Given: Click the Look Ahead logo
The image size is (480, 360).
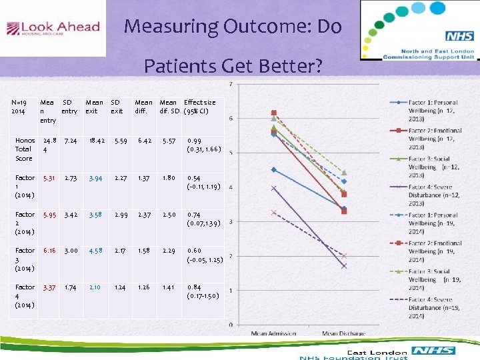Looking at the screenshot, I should [53, 29].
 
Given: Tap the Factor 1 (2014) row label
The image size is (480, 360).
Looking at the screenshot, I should [25, 186].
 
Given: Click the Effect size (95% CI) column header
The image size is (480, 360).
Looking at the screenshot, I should [199, 107].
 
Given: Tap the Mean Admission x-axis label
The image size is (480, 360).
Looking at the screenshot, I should [273, 333].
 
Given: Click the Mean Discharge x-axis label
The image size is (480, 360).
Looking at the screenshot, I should [344, 333].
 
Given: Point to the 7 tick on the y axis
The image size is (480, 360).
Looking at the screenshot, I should [231, 84].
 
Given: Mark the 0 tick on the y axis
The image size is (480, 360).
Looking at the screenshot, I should [231, 325].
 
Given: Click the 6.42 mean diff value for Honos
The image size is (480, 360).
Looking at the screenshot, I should [144, 141].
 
